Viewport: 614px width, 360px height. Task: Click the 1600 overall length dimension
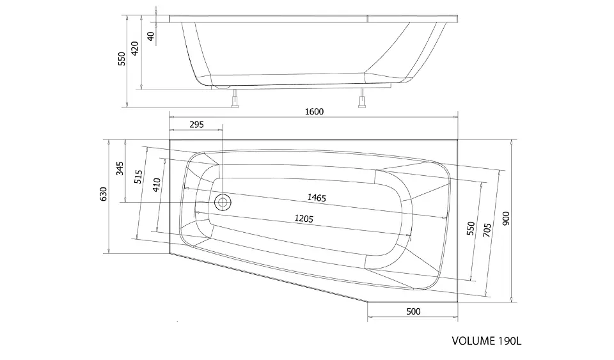pyautogui.click(x=314, y=112)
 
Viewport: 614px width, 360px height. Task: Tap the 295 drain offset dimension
pyautogui.click(x=196, y=125)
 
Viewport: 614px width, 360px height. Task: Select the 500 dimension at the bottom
pyautogui.click(x=413, y=311)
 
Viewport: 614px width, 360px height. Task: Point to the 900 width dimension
pyautogui.click(x=506, y=218)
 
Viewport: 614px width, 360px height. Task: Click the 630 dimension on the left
pyautogui.click(x=103, y=194)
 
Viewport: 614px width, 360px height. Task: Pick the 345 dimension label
pyautogui.click(x=120, y=168)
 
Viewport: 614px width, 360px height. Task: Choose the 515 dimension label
pyautogui.click(x=138, y=177)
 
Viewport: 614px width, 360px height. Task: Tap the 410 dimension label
pyautogui.click(x=156, y=185)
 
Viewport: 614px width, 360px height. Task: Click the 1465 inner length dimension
pyautogui.click(x=317, y=198)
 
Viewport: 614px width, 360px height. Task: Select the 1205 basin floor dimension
pyautogui.click(x=304, y=218)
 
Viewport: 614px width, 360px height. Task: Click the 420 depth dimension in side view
pyautogui.click(x=134, y=48)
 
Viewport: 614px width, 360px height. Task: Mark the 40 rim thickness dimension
pyautogui.click(x=151, y=36)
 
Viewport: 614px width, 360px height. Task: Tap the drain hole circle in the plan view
pyautogui.click(x=223, y=202)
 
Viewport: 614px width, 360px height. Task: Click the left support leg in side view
pyautogui.click(x=235, y=98)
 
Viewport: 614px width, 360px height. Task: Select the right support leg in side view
pyautogui.click(x=362, y=98)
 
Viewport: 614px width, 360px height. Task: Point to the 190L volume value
pyautogui.click(x=510, y=341)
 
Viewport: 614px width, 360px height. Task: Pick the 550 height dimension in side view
pyautogui.click(x=122, y=59)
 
